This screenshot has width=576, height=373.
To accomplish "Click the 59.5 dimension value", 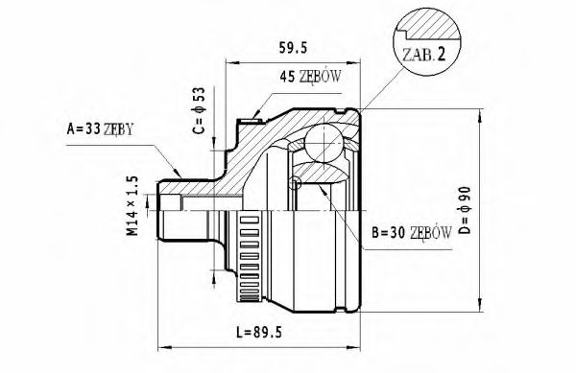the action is click(293, 48).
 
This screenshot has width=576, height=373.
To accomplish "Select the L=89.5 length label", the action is click(259, 333).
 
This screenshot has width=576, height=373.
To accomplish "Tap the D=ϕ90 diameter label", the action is click(465, 210).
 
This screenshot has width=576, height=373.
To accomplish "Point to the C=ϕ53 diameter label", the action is click(199, 110).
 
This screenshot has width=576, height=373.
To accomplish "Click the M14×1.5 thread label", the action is click(132, 206).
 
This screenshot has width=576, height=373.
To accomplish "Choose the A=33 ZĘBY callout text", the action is click(100, 129).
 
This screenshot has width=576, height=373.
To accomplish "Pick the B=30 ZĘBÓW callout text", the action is click(412, 232).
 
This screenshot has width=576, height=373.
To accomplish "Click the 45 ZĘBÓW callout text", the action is click(310, 77).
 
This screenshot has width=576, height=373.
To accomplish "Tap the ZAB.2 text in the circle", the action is click(423, 55).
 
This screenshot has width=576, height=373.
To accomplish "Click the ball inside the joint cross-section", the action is click(324, 144).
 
